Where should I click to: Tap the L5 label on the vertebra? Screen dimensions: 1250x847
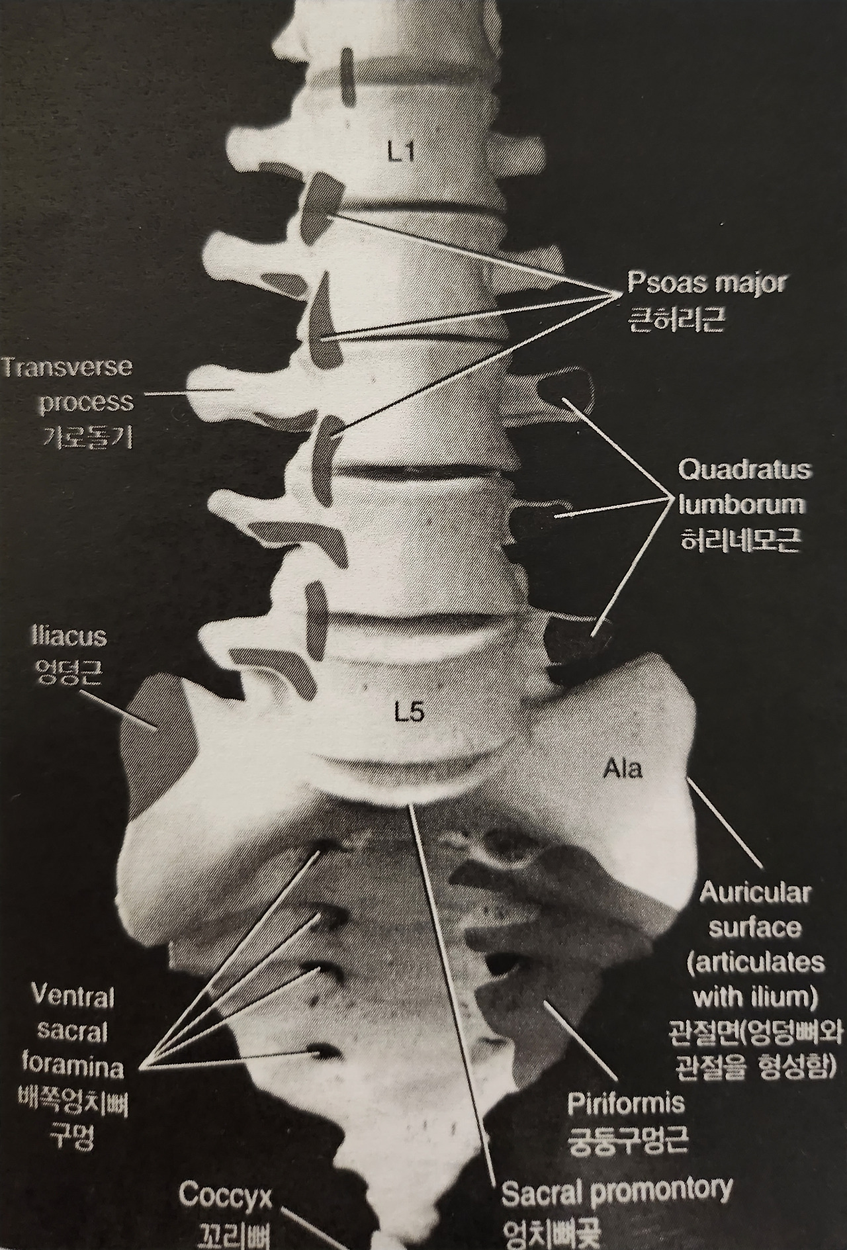tap(408, 713)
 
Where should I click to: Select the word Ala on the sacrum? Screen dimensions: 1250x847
tap(623, 770)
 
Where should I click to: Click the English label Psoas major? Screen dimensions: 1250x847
tap(706, 283)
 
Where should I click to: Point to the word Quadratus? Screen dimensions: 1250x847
tap(745, 470)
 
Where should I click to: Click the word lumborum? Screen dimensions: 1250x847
tap(742, 506)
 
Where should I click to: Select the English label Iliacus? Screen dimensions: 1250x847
tap(69, 637)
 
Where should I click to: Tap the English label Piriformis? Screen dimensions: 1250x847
tap(626, 1104)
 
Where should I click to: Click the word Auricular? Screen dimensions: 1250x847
tap(755, 893)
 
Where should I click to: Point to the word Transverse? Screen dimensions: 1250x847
tap(67, 368)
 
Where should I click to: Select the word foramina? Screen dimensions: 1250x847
tap(73, 1067)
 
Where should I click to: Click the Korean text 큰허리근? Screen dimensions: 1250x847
tap(676, 318)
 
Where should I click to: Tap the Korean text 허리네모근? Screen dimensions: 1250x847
tap(741, 540)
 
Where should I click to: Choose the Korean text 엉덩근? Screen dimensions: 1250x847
tap(68, 672)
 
